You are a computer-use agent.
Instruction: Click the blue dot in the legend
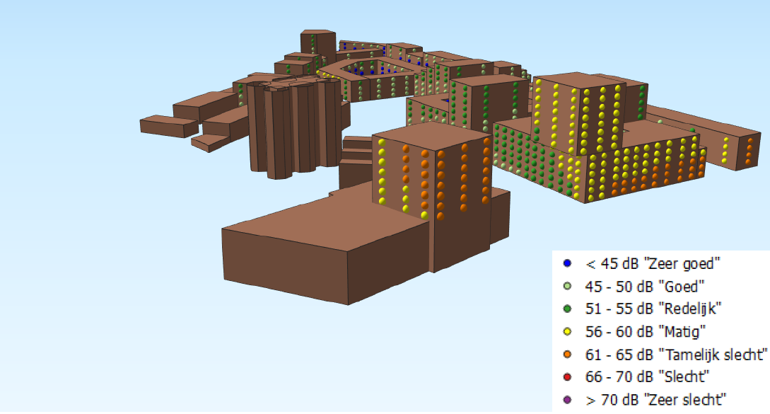(x=567, y=263)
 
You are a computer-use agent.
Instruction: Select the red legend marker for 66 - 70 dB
(x=567, y=377)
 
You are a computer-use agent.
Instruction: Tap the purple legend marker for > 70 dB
(x=567, y=400)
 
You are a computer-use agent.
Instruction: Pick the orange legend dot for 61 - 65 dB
(x=567, y=355)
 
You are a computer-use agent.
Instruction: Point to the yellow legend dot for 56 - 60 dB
(x=567, y=332)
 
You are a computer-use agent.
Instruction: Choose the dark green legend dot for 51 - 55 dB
(x=567, y=309)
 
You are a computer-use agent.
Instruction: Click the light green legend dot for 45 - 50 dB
(x=567, y=286)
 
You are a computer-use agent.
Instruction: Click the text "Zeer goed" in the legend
(x=682, y=264)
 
